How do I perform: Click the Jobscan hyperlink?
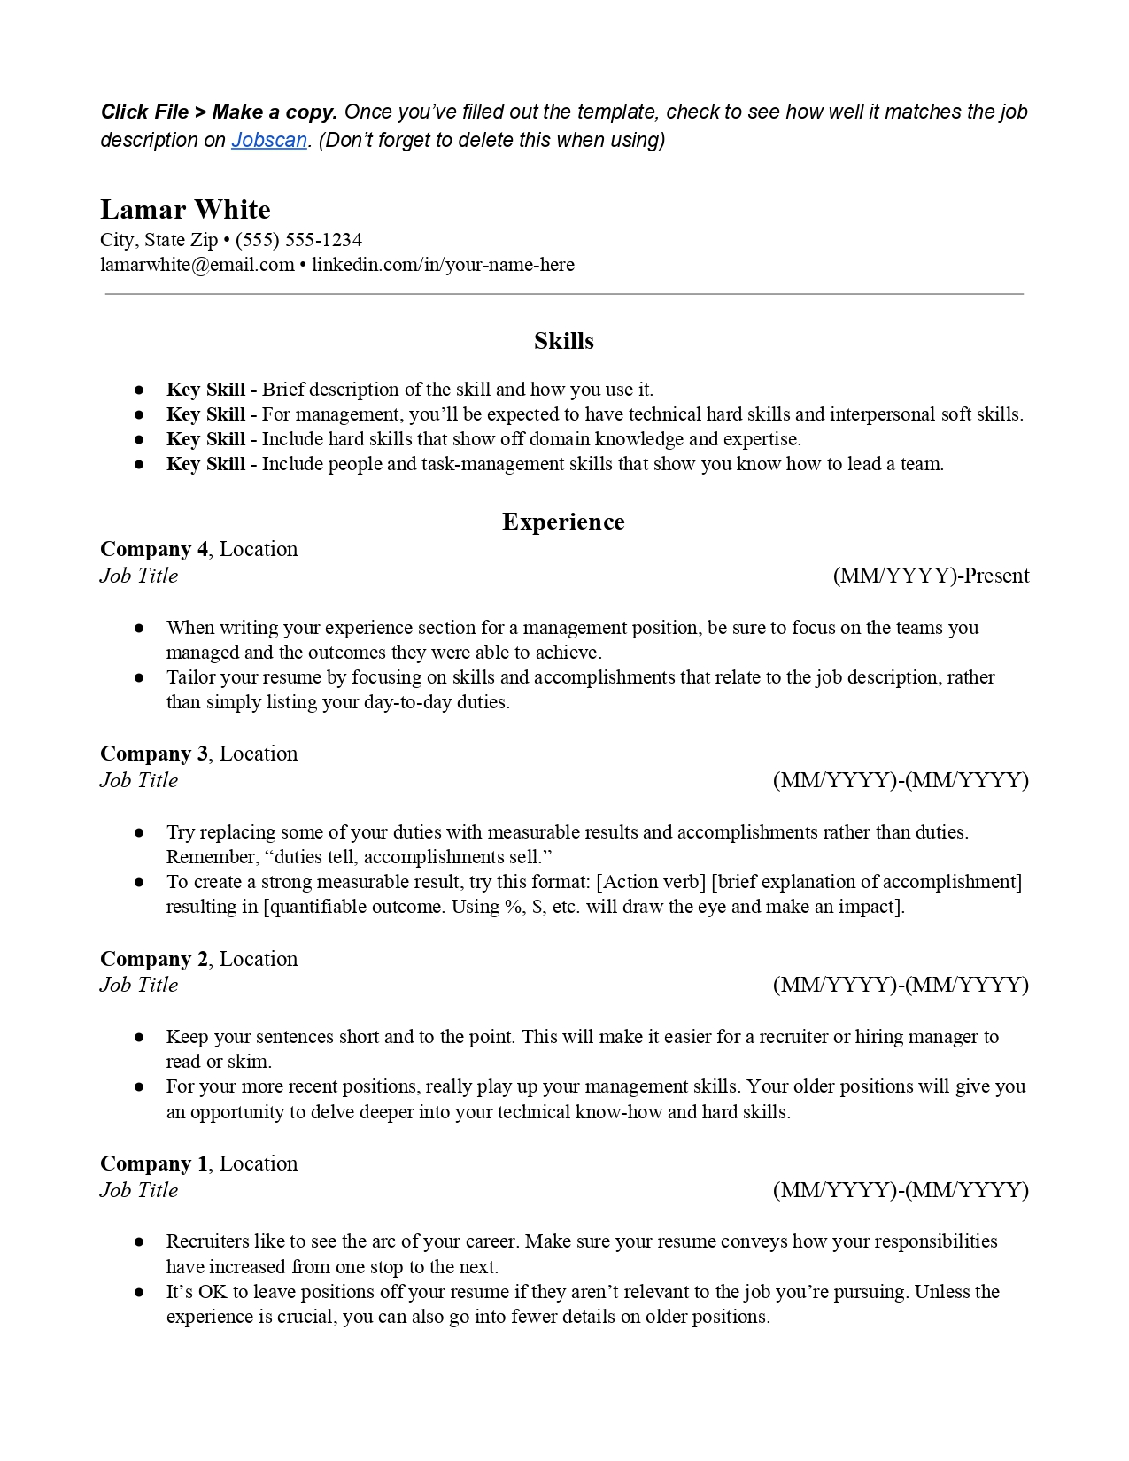point(268,140)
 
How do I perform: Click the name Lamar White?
point(185,210)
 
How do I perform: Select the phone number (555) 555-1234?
point(298,240)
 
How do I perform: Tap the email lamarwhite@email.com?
point(197,265)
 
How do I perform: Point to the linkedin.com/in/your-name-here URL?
point(443,265)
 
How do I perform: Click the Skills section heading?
point(563,341)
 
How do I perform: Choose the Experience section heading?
point(563,522)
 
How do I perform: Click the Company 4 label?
point(154,549)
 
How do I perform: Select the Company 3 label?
point(154,754)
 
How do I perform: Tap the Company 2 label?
point(154,959)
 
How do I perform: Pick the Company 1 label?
point(154,1163)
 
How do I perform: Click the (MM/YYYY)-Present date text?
point(931,576)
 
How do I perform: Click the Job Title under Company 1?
point(139,1190)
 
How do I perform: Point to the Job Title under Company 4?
point(139,576)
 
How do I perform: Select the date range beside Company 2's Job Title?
point(901,985)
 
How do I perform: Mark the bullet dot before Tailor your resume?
point(139,677)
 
